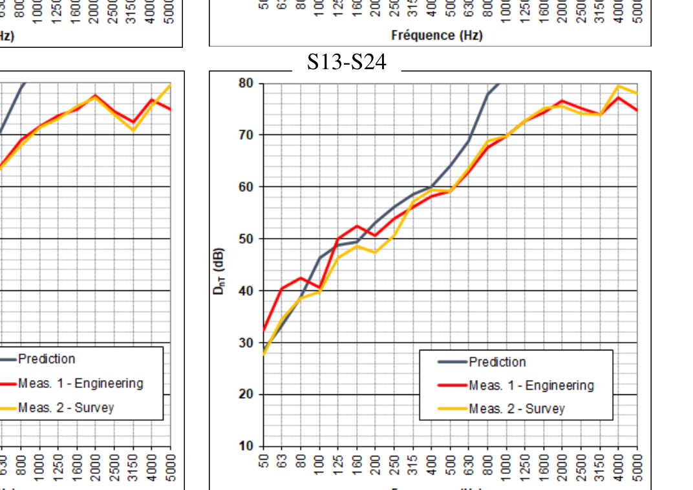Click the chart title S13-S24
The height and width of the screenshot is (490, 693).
pos(346,61)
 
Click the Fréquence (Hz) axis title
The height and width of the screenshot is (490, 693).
pos(436,35)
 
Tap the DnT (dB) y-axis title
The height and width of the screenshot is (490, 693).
pos(219,272)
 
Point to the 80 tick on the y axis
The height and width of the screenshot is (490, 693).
pos(246,83)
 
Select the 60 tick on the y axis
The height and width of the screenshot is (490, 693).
pos(246,187)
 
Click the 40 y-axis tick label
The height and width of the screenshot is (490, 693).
pos(246,291)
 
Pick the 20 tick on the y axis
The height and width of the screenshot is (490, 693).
pos(246,394)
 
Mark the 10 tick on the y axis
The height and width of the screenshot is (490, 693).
pos(246,446)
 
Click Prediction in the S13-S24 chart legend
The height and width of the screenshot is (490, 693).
pos(497,362)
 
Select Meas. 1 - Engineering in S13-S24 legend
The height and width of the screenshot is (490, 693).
pos(531,385)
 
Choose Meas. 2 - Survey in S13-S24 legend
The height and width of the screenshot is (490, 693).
pos(517,409)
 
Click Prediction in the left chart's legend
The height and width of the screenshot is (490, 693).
pos(47,359)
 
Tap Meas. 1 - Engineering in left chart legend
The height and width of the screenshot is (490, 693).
pos(80,383)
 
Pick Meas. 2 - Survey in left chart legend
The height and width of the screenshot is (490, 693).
pos(65,407)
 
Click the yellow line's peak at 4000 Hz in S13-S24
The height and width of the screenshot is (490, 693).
pos(619,86)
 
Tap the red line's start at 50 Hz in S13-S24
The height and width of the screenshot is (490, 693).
pos(264,330)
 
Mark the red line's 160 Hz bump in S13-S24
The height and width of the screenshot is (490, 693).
pos(357,226)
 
